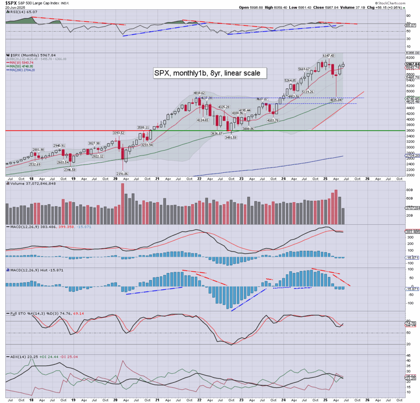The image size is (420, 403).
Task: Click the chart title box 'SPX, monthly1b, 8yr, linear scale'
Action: pyautogui.click(x=210, y=73)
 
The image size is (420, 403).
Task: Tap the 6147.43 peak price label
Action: pyautogui.click(x=329, y=56)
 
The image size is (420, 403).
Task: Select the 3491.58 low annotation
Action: pyautogui.click(x=232, y=137)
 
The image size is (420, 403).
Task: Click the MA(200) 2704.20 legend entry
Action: pyautogui.click(x=22, y=70)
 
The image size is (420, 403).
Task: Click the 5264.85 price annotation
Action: pyautogui.click(x=290, y=81)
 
